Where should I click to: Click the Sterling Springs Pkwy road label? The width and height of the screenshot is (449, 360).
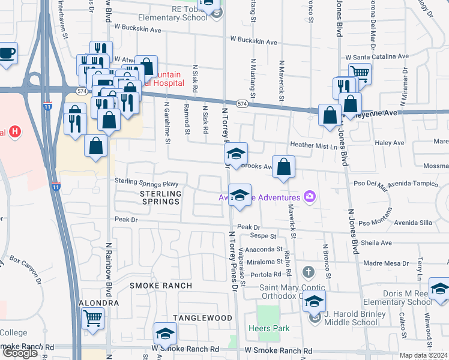coord(147,182)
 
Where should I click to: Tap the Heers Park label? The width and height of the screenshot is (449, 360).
coord(270,328)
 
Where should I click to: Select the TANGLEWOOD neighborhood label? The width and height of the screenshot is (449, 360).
coord(203,317)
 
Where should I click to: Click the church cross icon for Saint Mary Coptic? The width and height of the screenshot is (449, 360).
coord(308,273)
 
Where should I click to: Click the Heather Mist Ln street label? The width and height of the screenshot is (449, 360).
coord(310,145)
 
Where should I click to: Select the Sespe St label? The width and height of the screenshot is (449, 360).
coord(263,236)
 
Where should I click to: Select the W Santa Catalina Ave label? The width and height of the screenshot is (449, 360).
coord(378,56)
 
